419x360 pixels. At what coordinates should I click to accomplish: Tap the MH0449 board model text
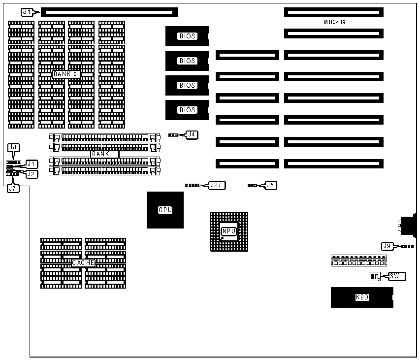click(x=335, y=22)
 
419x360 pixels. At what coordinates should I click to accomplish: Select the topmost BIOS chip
click(x=187, y=36)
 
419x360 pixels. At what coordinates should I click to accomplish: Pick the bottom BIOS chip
click(x=187, y=110)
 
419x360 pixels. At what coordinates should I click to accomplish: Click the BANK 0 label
click(x=66, y=74)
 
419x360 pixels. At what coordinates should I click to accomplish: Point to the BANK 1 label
click(x=104, y=154)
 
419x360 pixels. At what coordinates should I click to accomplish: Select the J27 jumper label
click(x=217, y=185)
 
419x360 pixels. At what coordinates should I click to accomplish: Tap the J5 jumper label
click(x=271, y=185)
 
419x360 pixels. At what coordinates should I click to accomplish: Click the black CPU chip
click(x=165, y=210)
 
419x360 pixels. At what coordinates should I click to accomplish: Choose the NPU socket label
click(x=228, y=231)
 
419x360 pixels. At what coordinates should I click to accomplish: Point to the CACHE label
click(x=83, y=263)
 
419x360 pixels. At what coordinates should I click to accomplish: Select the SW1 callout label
click(x=397, y=276)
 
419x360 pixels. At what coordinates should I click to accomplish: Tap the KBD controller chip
click(x=362, y=297)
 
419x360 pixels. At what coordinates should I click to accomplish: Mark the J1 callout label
click(x=32, y=164)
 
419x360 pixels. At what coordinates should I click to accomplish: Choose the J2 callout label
click(x=32, y=174)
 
